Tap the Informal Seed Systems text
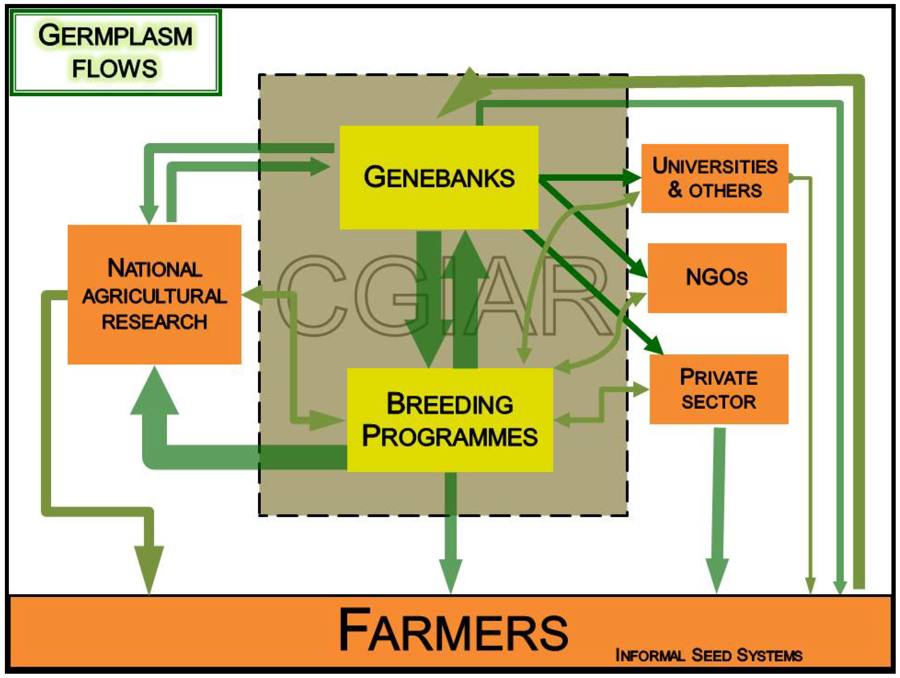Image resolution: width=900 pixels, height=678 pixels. [x=708, y=655]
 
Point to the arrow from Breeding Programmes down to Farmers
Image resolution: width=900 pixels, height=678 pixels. [x=450, y=533]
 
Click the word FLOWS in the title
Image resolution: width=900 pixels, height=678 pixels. [x=114, y=68]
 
